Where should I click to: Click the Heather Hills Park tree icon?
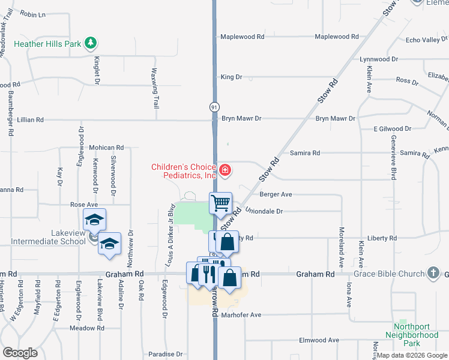tap(91, 43)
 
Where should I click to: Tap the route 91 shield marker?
tap(214, 107)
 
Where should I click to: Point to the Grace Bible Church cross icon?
tap(433, 274)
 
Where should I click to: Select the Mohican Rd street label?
tap(106, 147)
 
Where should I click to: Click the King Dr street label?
tap(231, 77)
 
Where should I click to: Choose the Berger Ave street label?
tap(276, 194)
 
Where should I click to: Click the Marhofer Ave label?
tap(240, 314)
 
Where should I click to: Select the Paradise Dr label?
tap(166, 354)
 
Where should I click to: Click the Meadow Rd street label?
tap(87, 328)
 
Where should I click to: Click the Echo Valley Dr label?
tap(426, 40)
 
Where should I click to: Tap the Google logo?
tap(20, 353)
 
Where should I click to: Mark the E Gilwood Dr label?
tap(394, 129)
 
